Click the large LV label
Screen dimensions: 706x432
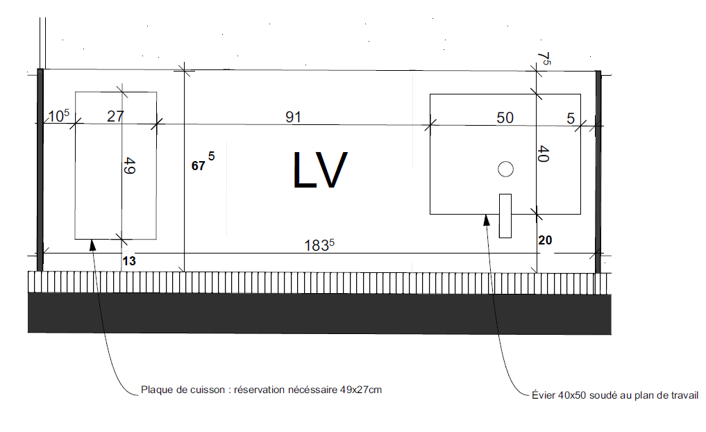click(320, 170)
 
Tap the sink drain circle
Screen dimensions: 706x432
click(505, 169)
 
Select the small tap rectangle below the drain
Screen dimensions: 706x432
click(505, 216)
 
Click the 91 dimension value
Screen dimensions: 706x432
click(293, 117)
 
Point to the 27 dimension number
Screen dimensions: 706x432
click(115, 116)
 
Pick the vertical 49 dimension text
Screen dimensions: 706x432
click(128, 165)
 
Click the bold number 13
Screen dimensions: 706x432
click(129, 261)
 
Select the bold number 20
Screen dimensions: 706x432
click(545, 240)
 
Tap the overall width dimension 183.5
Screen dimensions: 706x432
click(319, 245)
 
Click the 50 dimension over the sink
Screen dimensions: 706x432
click(505, 117)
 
